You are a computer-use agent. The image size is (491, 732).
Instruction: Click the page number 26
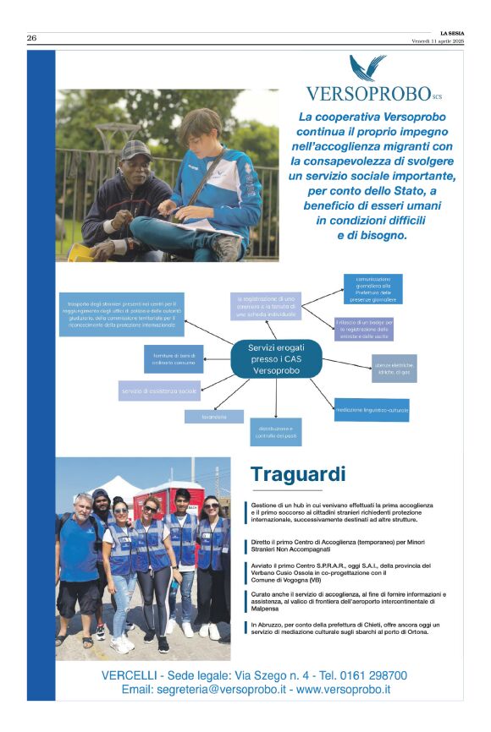[x=31, y=38]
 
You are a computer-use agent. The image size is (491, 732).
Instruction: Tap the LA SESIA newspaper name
[x=451, y=33]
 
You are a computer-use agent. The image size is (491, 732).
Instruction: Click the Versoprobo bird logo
[x=367, y=68]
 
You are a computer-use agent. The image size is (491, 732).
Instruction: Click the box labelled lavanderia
[x=214, y=417]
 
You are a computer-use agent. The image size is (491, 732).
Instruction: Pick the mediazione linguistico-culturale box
[x=372, y=410]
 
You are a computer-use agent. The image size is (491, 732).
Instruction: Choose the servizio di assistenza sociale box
[x=159, y=391]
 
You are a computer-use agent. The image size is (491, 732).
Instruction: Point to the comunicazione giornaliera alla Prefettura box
[x=373, y=288]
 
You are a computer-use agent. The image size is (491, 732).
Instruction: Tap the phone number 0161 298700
[x=367, y=675]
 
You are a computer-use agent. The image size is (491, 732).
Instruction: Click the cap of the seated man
[x=135, y=150]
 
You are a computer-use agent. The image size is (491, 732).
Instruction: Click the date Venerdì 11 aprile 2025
[x=438, y=41]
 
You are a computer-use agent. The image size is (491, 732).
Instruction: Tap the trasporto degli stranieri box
[x=122, y=314]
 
